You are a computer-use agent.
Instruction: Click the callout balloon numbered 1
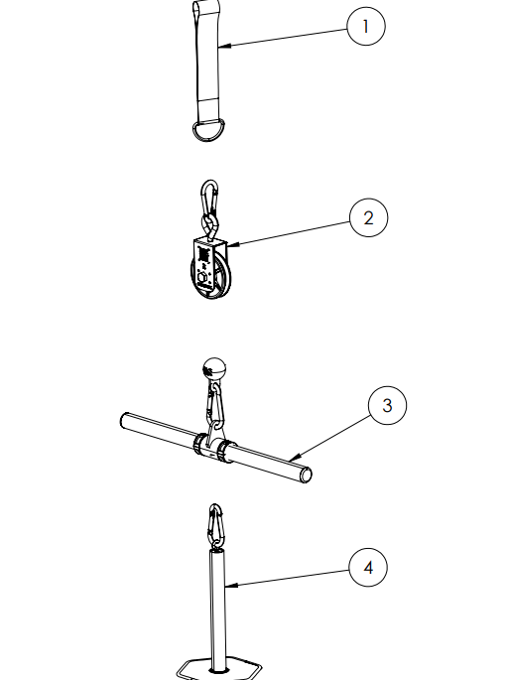[x=366, y=26]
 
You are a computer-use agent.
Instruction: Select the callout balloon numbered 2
[x=368, y=217]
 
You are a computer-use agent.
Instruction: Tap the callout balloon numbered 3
[x=387, y=405]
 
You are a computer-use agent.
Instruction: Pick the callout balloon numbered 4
[x=368, y=567]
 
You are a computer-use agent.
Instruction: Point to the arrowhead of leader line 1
[x=224, y=45]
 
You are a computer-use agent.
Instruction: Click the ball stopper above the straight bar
[x=214, y=370]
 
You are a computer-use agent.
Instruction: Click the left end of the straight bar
[x=124, y=422]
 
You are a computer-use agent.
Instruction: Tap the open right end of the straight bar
[x=307, y=476]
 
